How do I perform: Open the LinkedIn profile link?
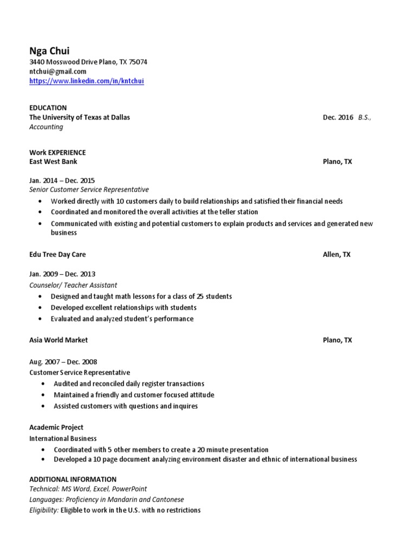(x=87, y=81)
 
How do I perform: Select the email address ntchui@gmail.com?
(x=57, y=71)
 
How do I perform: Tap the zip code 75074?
(x=137, y=62)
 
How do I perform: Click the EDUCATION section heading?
(x=48, y=108)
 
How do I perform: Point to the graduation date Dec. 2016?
(x=338, y=117)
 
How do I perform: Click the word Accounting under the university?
(x=46, y=127)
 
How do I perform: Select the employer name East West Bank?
(x=53, y=162)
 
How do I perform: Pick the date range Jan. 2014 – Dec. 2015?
(x=62, y=181)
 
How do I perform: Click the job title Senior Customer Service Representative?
(x=89, y=190)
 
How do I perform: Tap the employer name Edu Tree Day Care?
(x=57, y=254)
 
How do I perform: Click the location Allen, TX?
(x=336, y=254)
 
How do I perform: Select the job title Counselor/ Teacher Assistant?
(x=73, y=285)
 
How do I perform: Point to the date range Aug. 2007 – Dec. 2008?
(x=63, y=362)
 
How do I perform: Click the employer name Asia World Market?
(x=58, y=340)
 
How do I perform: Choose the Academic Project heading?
(x=56, y=427)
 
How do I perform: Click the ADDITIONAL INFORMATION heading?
(x=73, y=479)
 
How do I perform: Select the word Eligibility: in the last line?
(x=44, y=510)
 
